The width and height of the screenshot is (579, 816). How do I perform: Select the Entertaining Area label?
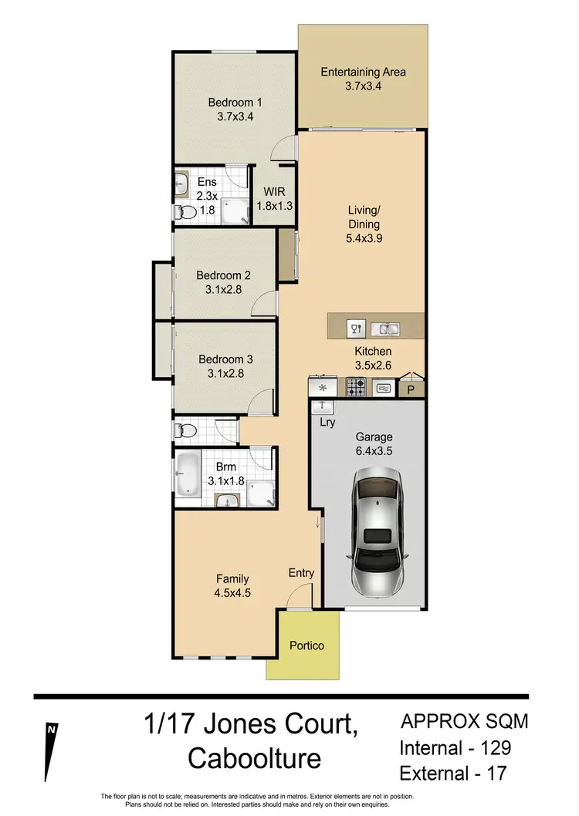click(x=363, y=72)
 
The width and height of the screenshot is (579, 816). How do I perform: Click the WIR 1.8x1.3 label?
click(x=275, y=197)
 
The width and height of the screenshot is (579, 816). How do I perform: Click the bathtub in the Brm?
click(x=188, y=474)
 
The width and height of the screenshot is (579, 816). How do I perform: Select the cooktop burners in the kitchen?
click(x=356, y=387)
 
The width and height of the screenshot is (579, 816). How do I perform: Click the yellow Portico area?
click(x=306, y=645)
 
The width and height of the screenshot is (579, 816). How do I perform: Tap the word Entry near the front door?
click(x=301, y=572)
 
